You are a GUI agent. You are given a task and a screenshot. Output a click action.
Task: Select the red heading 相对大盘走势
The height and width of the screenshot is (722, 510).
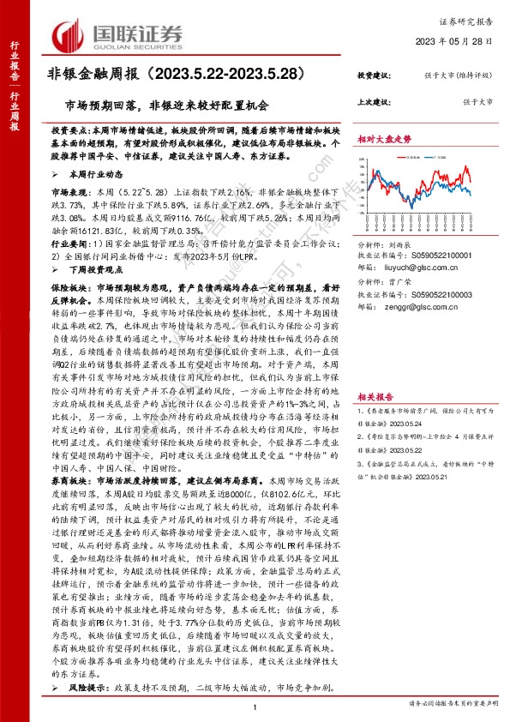[x=385, y=138]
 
